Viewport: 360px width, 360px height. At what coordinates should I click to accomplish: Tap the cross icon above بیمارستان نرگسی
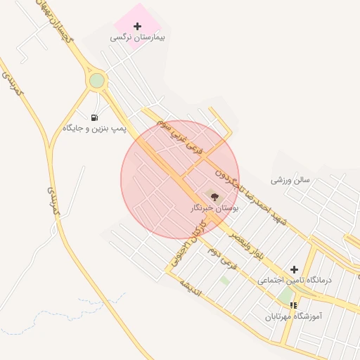click(137, 26)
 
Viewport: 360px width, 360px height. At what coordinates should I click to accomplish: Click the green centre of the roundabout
click(96, 81)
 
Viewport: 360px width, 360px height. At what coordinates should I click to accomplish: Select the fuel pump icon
click(94, 117)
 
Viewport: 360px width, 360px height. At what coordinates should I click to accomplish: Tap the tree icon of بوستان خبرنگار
click(214, 198)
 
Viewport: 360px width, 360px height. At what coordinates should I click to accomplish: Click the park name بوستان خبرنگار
click(214, 209)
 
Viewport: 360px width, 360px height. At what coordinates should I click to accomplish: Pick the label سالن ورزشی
click(290, 180)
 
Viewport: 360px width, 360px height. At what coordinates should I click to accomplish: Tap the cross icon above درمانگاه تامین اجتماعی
click(294, 269)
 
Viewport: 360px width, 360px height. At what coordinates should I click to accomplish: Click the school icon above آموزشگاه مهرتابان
click(293, 306)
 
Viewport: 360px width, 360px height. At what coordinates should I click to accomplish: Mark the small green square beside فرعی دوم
click(225, 280)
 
